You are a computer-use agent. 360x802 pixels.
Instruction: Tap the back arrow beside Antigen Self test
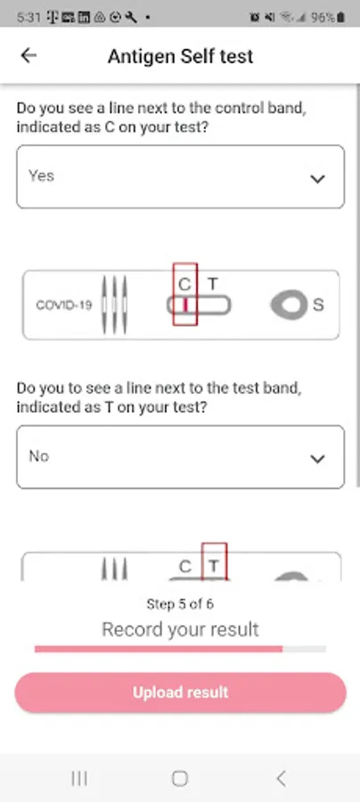[x=29, y=55]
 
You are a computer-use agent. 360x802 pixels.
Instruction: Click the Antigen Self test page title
[x=180, y=56]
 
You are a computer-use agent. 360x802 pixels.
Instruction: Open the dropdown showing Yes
[x=181, y=176]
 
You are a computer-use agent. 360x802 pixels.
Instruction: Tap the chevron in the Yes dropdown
[x=317, y=178]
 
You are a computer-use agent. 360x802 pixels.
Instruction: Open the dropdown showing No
[x=181, y=457]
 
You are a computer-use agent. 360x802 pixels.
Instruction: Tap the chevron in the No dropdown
[x=317, y=459]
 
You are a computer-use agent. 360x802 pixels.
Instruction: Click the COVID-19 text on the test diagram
[x=64, y=306]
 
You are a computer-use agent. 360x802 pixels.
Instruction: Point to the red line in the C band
[x=185, y=305]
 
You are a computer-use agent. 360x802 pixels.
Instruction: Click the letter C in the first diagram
[x=184, y=284]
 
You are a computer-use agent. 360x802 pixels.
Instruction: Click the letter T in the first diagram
[x=213, y=283]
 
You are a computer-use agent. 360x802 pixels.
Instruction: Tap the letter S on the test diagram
[x=318, y=305]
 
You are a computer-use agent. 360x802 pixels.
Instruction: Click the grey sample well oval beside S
[x=290, y=306]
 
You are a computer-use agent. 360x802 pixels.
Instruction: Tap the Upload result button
[x=181, y=692]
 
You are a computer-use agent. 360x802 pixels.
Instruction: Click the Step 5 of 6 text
[x=180, y=604]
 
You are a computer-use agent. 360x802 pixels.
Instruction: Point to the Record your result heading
[x=181, y=629]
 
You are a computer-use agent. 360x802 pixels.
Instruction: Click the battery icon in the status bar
[x=340, y=18]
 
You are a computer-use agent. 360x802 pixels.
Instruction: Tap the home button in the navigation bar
[x=180, y=779]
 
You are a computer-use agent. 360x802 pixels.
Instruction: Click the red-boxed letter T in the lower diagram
[x=214, y=566]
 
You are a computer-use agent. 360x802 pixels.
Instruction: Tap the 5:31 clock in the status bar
[x=29, y=18]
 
